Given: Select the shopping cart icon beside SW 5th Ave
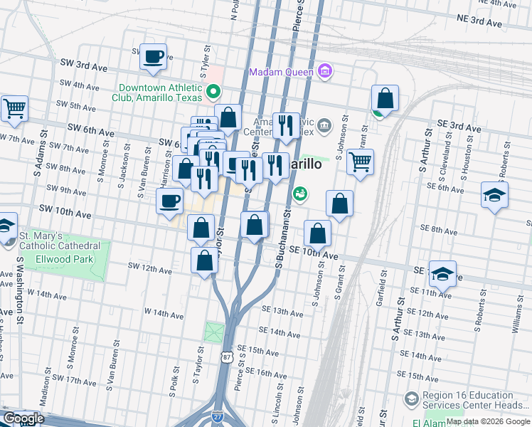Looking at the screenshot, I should tap(14, 109).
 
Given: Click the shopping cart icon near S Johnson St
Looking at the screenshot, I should tap(361, 162).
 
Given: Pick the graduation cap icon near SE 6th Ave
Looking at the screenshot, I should tap(494, 195).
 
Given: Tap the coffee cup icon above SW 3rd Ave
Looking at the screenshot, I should tap(153, 56).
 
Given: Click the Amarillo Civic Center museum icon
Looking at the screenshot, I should tap(324, 126).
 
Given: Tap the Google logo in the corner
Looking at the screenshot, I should tap(23, 418).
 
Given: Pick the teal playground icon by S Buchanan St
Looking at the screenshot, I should tap(300, 193).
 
